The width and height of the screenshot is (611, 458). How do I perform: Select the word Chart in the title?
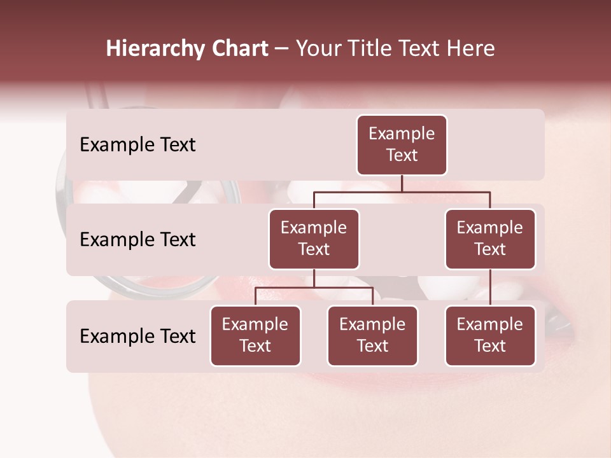coord(237,48)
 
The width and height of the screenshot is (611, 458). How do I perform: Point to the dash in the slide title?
coord(281,48)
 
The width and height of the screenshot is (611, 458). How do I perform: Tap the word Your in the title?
coord(317,48)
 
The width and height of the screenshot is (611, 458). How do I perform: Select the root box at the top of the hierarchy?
coord(402,145)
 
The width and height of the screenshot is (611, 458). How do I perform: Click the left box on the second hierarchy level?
coord(314,239)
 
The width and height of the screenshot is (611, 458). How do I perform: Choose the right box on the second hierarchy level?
coord(490,239)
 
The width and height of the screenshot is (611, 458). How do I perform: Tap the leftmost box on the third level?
coord(255,335)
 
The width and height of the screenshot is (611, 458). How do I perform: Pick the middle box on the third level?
coord(372,335)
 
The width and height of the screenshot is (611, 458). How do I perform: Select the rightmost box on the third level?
coord(490,335)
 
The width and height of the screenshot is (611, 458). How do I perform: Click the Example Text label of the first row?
coord(137,145)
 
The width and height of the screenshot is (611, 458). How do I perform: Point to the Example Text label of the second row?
coord(137,240)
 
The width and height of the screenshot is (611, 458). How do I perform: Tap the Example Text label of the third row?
coord(137,337)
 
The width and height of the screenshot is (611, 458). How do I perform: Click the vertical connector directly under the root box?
coord(402,183)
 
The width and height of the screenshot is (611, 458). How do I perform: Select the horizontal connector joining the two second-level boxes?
coord(402,191)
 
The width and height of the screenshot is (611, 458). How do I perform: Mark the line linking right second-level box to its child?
coord(490,287)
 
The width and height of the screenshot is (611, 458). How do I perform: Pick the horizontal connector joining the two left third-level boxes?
coord(314,288)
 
